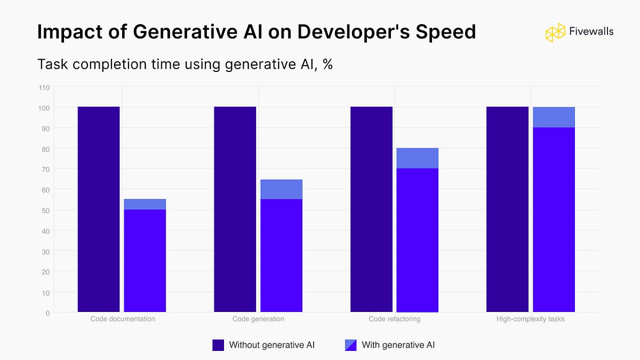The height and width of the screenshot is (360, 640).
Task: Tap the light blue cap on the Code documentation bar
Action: pos(145,204)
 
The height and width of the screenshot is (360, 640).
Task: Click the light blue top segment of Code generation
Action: pos(282,189)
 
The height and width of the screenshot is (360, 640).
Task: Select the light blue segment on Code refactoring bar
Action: pos(418,158)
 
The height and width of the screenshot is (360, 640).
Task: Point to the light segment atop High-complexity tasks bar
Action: pos(554,117)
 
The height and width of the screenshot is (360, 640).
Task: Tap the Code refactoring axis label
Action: pos(395,319)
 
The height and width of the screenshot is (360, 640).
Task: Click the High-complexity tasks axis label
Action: pos(530,319)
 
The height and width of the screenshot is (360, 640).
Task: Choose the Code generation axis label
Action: pos(258,319)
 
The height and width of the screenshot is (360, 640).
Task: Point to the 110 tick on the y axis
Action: pos(44,87)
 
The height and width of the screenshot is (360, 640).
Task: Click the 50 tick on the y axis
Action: pos(46,210)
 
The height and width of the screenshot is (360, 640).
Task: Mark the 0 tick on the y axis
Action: pos(47,313)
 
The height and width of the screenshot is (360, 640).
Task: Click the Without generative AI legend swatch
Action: pos(218,345)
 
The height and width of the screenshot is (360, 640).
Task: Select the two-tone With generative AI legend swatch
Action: pos(351,345)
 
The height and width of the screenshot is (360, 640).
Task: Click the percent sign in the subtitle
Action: pos(327,65)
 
